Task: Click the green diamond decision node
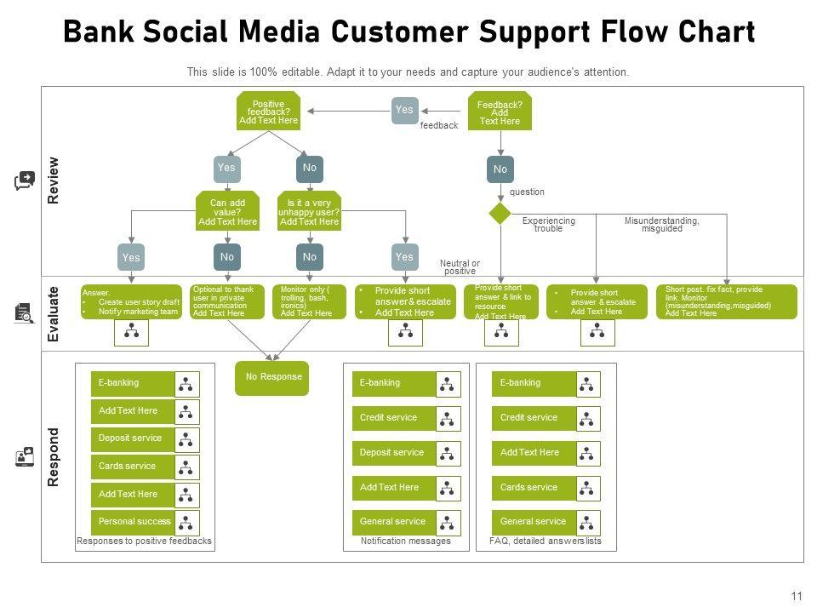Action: point(500,213)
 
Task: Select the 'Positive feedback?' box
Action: point(268,112)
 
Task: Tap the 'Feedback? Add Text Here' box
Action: point(500,112)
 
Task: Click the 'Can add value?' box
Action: point(227,212)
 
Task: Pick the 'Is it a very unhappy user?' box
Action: point(309,212)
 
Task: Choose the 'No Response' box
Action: point(272,377)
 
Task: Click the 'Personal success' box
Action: point(134,521)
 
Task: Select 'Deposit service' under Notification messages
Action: point(392,452)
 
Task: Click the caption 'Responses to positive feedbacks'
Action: point(144,541)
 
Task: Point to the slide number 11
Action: point(797,597)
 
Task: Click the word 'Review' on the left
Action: point(54,179)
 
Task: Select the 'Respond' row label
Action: point(54,456)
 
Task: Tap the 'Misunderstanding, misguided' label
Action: point(661,225)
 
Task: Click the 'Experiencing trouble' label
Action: point(548,225)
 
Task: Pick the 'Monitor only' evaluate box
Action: point(309,301)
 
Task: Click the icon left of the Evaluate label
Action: point(24,313)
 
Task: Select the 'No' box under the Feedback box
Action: point(500,169)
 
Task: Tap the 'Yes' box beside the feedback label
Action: point(404,110)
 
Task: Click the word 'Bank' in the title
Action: point(97,33)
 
